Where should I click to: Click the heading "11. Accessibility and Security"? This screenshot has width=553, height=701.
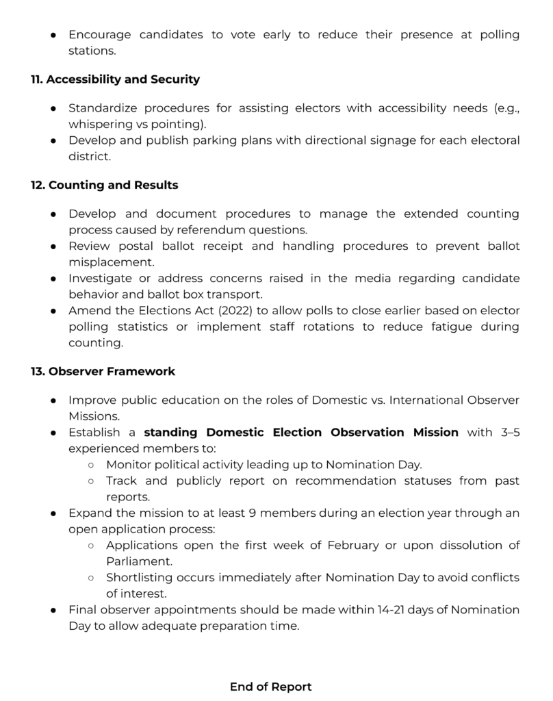pos(115,79)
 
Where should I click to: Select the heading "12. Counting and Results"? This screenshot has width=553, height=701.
pos(104,185)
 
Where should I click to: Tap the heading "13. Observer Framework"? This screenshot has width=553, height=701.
pos(103,372)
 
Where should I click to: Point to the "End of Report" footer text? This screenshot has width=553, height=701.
pos(270,686)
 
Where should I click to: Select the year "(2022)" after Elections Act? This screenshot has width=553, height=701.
pos(214,309)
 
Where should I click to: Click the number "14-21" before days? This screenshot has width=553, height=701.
pos(392,609)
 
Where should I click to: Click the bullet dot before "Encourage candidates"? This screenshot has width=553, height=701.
pos(53,34)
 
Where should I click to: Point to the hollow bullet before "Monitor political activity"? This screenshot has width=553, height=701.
pos(92,465)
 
